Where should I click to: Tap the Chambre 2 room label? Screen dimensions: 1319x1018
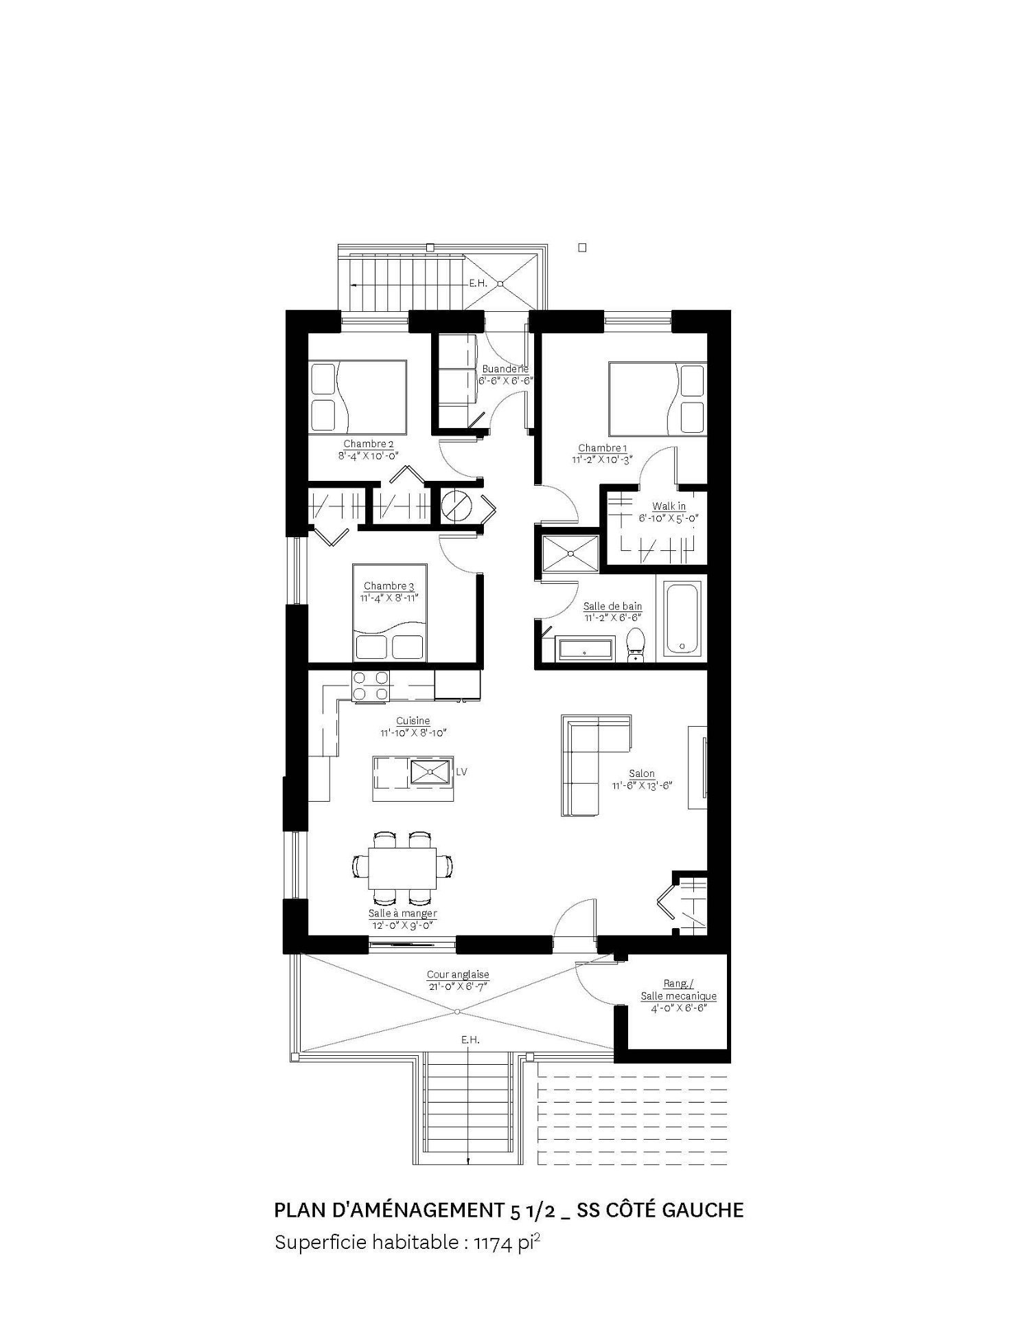(369, 444)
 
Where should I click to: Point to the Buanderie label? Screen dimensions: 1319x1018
(505, 369)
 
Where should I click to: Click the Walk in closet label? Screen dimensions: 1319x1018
(669, 506)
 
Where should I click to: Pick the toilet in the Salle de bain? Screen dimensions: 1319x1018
(636, 644)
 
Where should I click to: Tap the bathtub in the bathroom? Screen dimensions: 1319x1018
(682, 619)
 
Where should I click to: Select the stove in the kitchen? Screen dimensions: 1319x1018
(370, 686)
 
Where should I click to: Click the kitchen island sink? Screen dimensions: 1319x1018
(430, 771)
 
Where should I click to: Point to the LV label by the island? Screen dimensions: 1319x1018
(461, 771)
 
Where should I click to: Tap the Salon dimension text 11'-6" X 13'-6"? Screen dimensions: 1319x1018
(641, 785)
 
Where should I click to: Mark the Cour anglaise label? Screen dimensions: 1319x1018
(458, 974)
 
